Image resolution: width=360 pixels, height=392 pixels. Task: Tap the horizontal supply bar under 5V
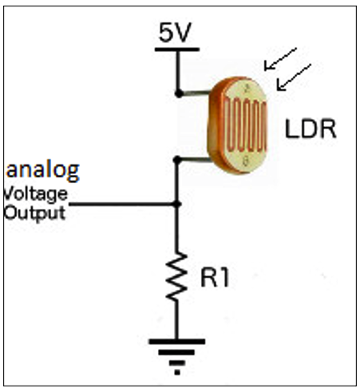pos(177,50)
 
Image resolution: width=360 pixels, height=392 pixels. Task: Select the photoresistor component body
pos(240,123)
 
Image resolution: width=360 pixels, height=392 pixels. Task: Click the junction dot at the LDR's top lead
pos(177,93)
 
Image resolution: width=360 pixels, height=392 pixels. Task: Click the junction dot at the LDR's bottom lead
pos(177,160)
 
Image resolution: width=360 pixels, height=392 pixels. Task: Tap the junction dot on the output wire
pos(177,204)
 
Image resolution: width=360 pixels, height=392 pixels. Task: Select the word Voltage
pos(35,194)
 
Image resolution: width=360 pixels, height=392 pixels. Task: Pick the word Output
pos(34,212)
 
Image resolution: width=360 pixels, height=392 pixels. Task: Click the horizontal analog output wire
pos(120,204)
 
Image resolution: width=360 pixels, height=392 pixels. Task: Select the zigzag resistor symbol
pos(177,279)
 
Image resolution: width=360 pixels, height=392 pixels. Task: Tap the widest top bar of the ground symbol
pos(177,343)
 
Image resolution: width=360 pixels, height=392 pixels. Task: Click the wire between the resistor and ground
pos(177,323)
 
